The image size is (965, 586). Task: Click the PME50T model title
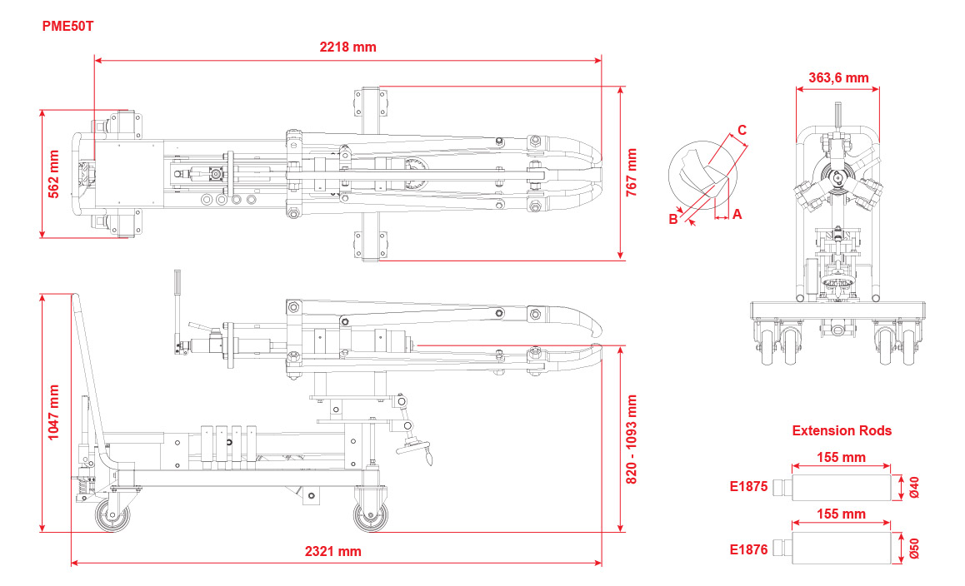coord(68,26)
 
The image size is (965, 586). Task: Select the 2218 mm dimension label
coord(347,47)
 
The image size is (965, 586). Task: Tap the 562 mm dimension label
coord(54,172)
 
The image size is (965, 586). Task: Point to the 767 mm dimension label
coord(632,171)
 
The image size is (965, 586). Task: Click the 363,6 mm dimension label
coord(838,78)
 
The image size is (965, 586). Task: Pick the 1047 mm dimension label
coord(54,412)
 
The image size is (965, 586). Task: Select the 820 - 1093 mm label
coord(632,439)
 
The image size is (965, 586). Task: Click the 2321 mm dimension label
coord(333,551)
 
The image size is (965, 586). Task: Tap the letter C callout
coord(742,130)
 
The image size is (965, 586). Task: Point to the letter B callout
coord(673,219)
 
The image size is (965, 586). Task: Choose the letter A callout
coord(737,215)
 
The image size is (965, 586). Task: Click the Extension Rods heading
coord(842,430)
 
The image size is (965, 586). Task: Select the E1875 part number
coord(748,488)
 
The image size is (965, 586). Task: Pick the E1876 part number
coord(748,549)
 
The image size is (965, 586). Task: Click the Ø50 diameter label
coord(914,549)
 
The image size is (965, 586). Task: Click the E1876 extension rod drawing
coord(842,549)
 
